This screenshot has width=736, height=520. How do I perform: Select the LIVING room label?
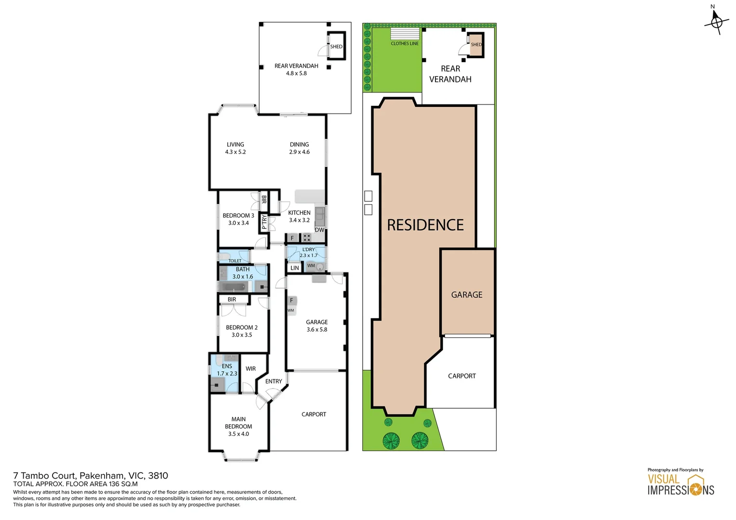click(235, 148)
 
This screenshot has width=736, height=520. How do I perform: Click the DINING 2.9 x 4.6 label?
click(299, 148)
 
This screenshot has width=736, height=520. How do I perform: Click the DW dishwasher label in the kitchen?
click(319, 230)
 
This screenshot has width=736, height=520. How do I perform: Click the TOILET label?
click(235, 261)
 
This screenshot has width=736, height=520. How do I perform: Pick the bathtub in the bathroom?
click(234, 287)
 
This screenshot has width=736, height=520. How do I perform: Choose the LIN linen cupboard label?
click(294, 268)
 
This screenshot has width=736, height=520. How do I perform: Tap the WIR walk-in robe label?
click(250, 369)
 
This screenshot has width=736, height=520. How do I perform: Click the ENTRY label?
click(274, 381)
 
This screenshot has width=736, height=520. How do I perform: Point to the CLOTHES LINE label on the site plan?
click(405, 44)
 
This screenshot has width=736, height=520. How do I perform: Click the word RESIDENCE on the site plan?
click(425, 225)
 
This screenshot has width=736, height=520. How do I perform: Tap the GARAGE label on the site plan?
click(466, 295)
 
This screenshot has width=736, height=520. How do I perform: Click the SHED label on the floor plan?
click(336, 47)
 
